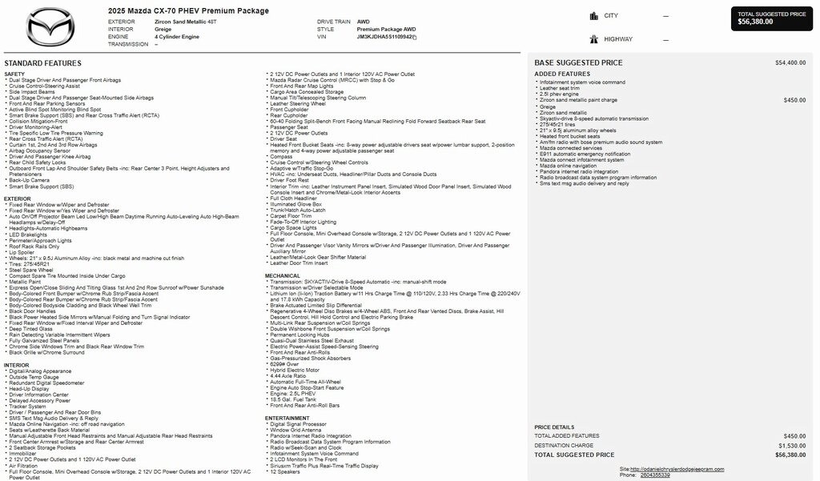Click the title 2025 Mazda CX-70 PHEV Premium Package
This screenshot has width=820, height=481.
[x=188, y=10]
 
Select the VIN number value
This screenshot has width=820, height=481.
[x=385, y=37]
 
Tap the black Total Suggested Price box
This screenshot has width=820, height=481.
[x=772, y=18]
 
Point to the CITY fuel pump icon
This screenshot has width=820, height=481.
[x=594, y=15]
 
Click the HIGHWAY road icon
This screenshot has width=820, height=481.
[x=594, y=38]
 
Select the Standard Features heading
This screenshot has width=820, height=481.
[x=42, y=63]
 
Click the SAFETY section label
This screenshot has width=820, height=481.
[x=14, y=74]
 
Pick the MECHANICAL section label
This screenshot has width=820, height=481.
[x=283, y=275]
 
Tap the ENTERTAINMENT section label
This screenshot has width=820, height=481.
[x=287, y=418]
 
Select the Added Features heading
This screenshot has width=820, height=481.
[x=562, y=74]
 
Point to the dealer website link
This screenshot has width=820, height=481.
[x=677, y=468]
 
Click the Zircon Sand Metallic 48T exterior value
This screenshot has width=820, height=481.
[x=185, y=22]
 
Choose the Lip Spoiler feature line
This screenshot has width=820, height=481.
[x=24, y=252]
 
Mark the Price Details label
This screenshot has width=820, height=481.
[x=554, y=427]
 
